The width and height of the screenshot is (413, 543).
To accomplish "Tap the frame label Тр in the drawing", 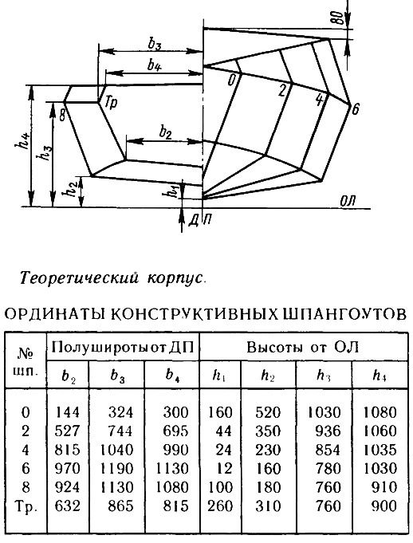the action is (x=111, y=104).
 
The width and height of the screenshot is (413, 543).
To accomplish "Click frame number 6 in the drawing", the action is (x=355, y=109).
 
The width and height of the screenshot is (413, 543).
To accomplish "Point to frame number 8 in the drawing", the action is (x=62, y=115).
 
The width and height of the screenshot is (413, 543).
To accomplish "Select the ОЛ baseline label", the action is (x=347, y=201).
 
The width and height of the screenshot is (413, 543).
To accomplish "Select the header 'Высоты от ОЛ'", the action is (x=303, y=347).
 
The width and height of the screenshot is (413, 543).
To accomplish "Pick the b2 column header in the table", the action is (x=69, y=376).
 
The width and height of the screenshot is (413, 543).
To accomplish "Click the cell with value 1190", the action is (x=117, y=469).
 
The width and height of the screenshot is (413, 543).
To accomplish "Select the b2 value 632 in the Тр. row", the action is (x=68, y=506).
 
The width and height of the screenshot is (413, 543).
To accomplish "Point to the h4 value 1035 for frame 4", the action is (x=380, y=450).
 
